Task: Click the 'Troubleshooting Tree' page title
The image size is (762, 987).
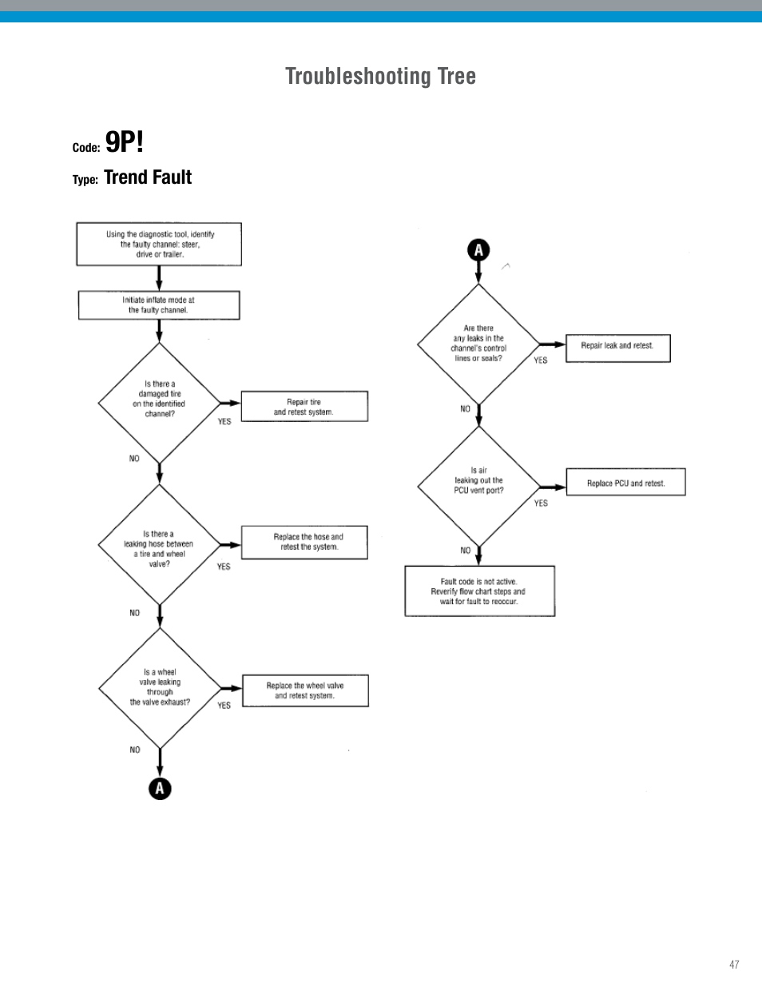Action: pyautogui.click(x=380, y=77)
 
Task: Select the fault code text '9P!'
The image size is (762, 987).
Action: pyautogui.click(x=125, y=142)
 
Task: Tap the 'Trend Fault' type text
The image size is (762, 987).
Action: pyautogui.click(x=148, y=177)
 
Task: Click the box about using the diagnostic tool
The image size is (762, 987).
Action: pyautogui.click(x=159, y=245)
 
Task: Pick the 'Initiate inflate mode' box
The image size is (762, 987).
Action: pyautogui.click(x=159, y=305)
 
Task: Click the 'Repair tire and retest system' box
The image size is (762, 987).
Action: pyautogui.click(x=304, y=407)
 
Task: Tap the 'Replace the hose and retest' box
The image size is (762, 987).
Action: pyautogui.click(x=304, y=543)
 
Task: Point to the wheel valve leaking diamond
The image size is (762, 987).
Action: pyautogui.click(x=160, y=687)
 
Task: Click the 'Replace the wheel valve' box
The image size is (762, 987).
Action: pyautogui.click(x=305, y=691)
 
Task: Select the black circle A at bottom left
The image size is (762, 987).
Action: pyautogui.click(x=160, y=789)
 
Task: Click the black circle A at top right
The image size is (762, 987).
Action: pyautogui.click(x=478, y=250)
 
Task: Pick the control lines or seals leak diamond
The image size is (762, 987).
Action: pyautogui.click(x=478, y=344)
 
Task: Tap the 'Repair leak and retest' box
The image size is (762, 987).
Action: pyautogui.click(x=617, y=348)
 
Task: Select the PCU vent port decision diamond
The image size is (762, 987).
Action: pyautogui.click(x=478, y=486)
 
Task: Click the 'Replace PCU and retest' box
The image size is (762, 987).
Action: pyautogui.click(x=625, y=483)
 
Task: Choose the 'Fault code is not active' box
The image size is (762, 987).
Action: pyautogui.click(x=479, y=591)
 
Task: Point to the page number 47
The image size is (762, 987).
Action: pyautogui.click(x=734, y=965)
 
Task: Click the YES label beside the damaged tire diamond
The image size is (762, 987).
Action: pyautogui.click(x=224, y=422)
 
